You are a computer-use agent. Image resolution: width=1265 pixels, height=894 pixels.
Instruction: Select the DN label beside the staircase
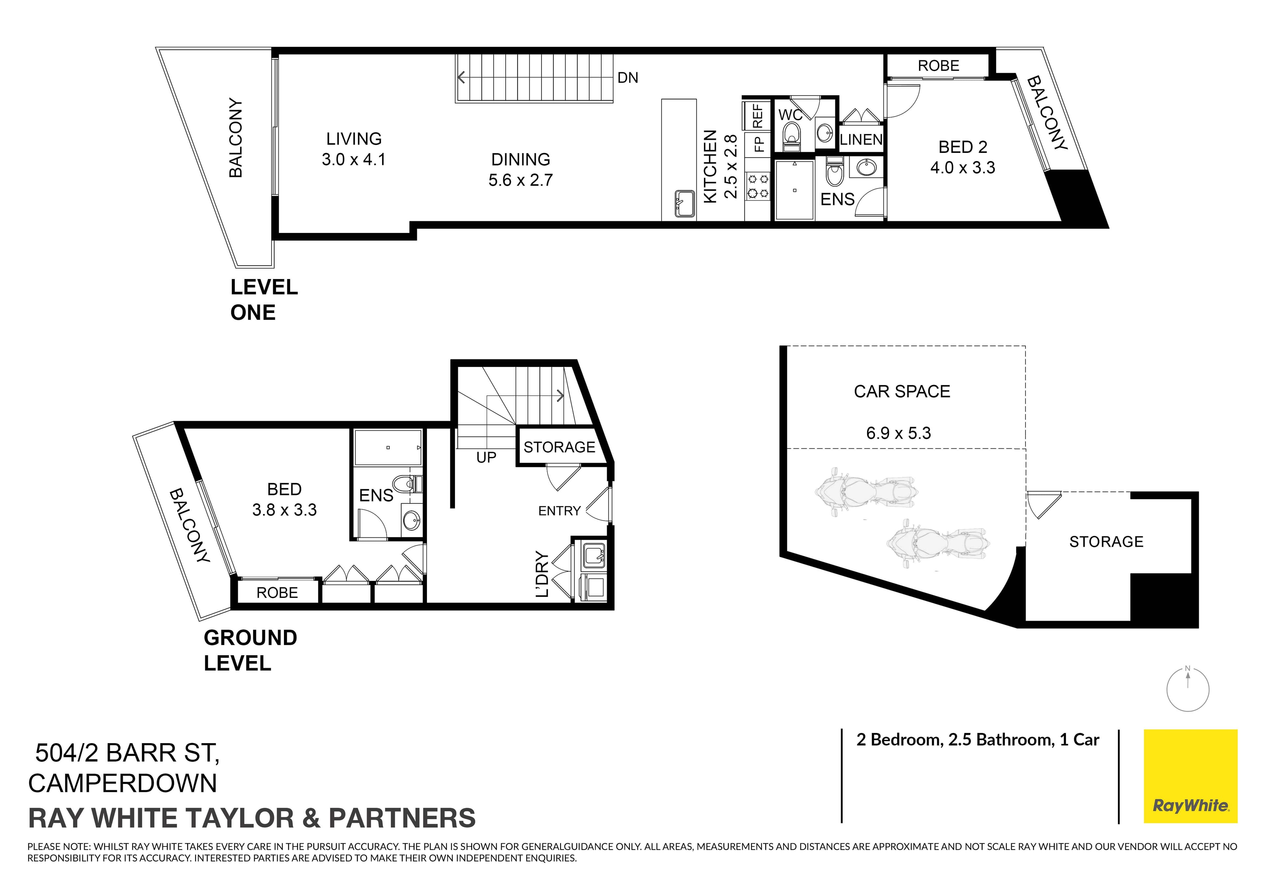[628, 78]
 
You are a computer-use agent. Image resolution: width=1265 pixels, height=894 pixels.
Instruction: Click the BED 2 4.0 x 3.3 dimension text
[963, 167]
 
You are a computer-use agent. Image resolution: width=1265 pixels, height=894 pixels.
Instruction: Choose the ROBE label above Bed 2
[938, 66]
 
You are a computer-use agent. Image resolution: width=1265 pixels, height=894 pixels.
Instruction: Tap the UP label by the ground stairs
[486, 457]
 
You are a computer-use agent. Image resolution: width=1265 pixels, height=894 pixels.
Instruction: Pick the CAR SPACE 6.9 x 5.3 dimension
[898, 433]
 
